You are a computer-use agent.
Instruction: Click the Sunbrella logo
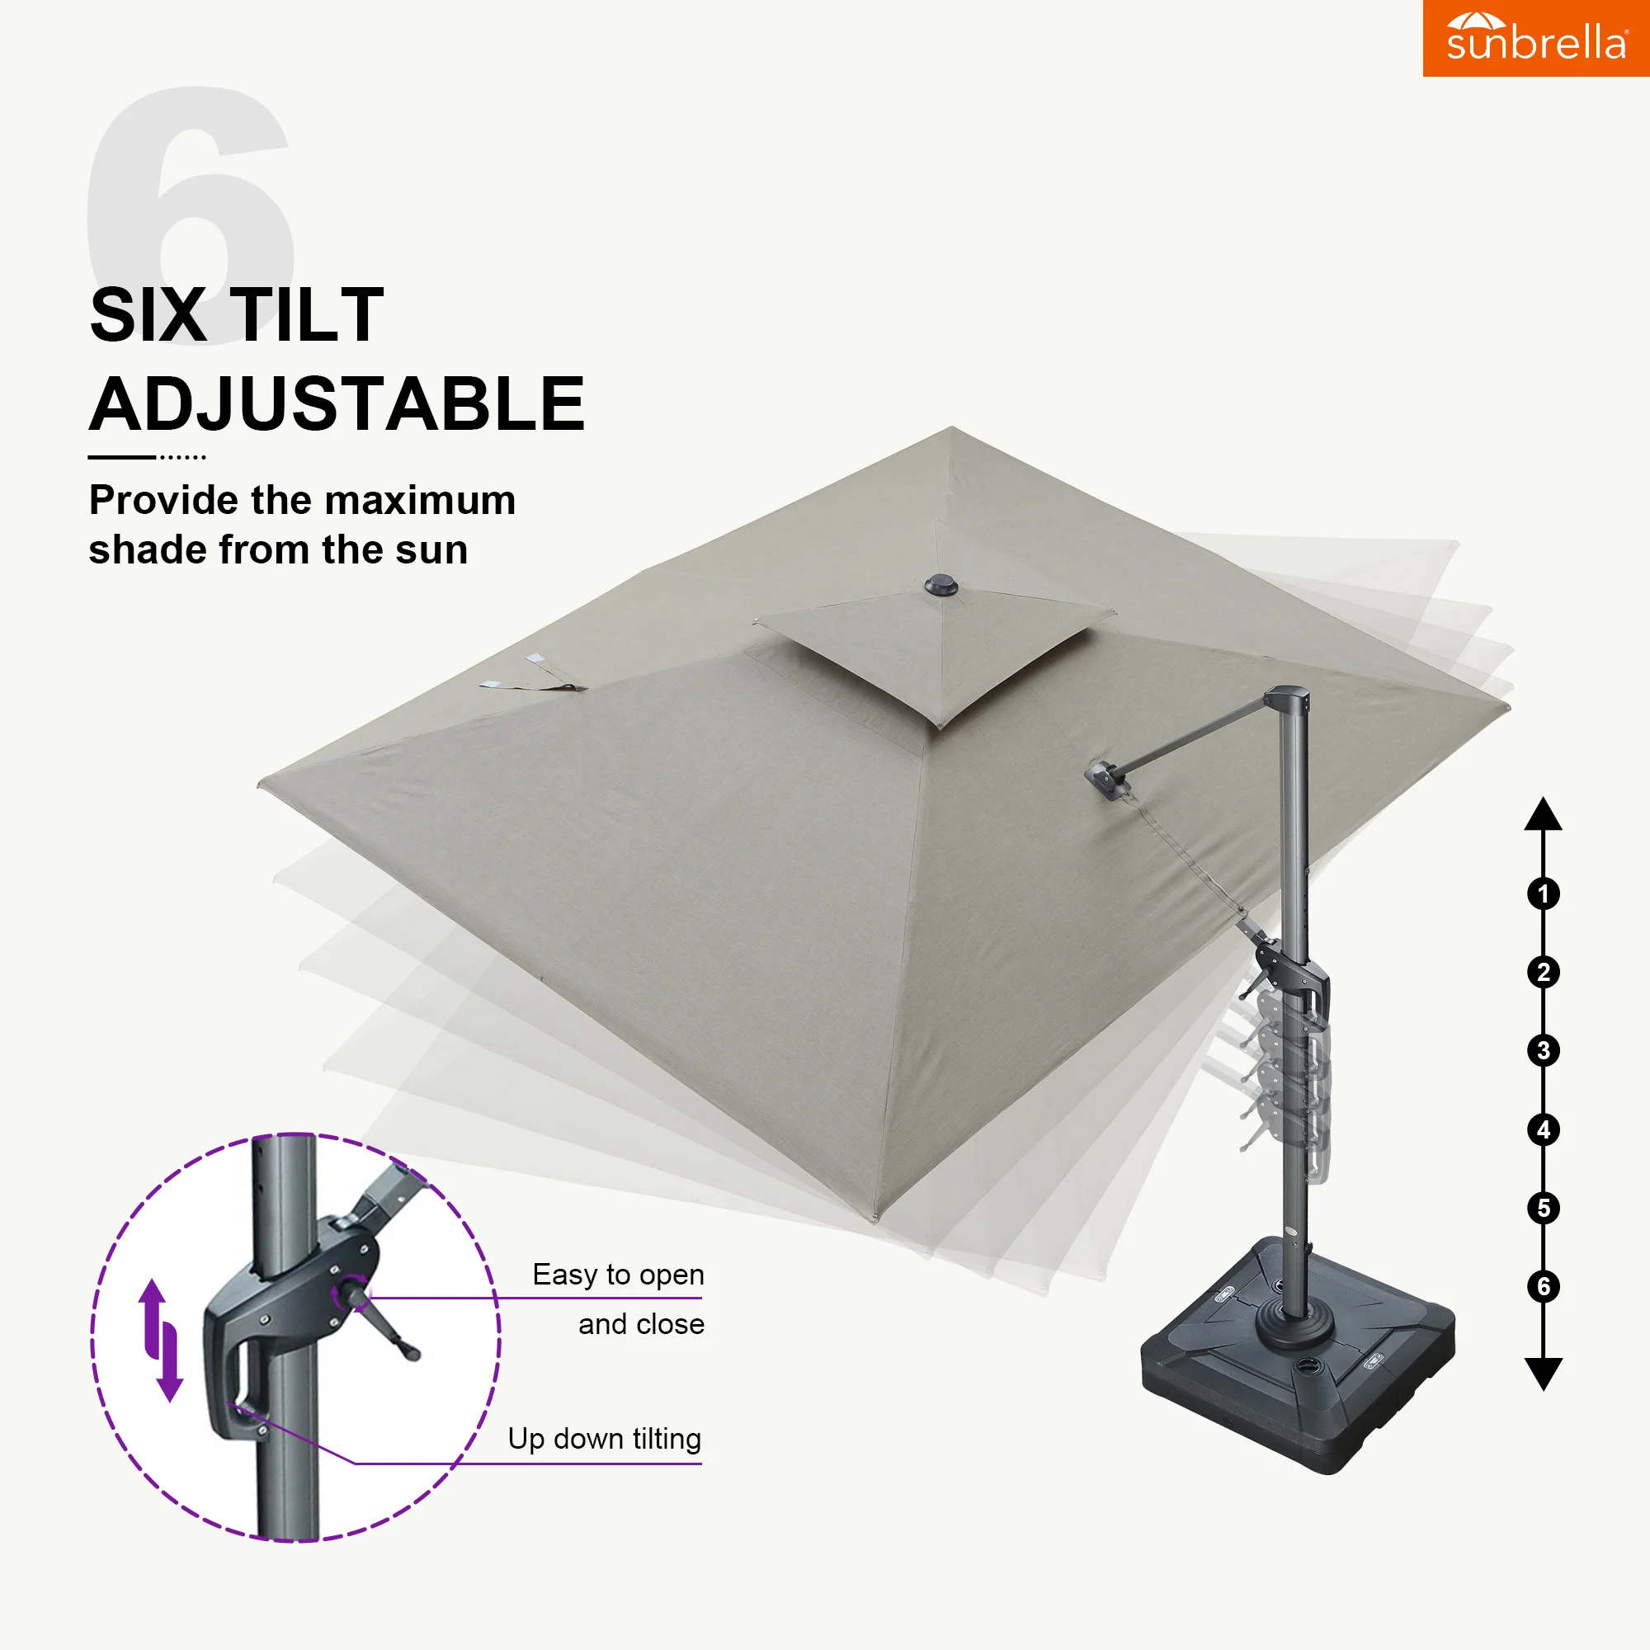pyautogui.click(x=1535, y=38)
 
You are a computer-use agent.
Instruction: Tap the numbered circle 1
pyautogui.click(x=1544, y=894)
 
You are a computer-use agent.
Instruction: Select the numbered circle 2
pyautogui.click(x=1544, y=973)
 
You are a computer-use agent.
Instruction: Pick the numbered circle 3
pyautogui.click(x=1544, y=1050)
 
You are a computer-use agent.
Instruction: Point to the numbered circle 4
pyautogui.click(x=1544, y=1130)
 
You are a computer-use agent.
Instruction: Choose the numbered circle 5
pyautogui.click(x=1544, y=1209)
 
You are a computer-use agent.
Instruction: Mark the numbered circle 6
pyautogui.click(x=1544, y=1286)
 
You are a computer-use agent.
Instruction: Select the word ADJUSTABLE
pyautogui.click(x=337, y=404)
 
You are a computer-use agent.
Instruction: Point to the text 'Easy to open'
pyautogui.click(x=618, y=1275)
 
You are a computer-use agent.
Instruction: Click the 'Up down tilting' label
pyautogui.click(x=605, y=1439)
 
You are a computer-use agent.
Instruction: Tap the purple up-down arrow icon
pyautogui.click(x=162, y=1339)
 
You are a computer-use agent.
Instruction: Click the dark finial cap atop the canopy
pyautogui.click(x=941, y=586)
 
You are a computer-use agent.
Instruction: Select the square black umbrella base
pyautogui.click(x=1298, y=1358)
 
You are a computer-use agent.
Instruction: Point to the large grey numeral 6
pyautogui.click(x=191, y=214)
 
